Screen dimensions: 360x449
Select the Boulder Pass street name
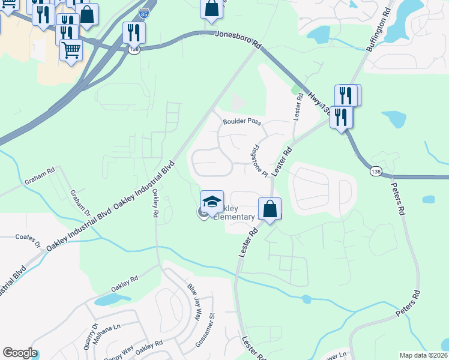click(x=242, y=122)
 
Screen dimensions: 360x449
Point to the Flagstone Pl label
click(x=259, y=160)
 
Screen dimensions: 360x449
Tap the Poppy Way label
click(x=119, y=350)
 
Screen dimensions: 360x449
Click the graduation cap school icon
click(x=212, y=202)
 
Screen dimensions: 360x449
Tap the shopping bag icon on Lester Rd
click(x=270, y=209)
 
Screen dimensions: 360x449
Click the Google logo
click(x=19, y=353)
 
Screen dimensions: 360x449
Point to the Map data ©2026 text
click(x=423, y=355)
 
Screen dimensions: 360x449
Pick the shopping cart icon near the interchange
click(x=71, y=50)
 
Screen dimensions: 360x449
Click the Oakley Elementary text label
click(x=235, y=212)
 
